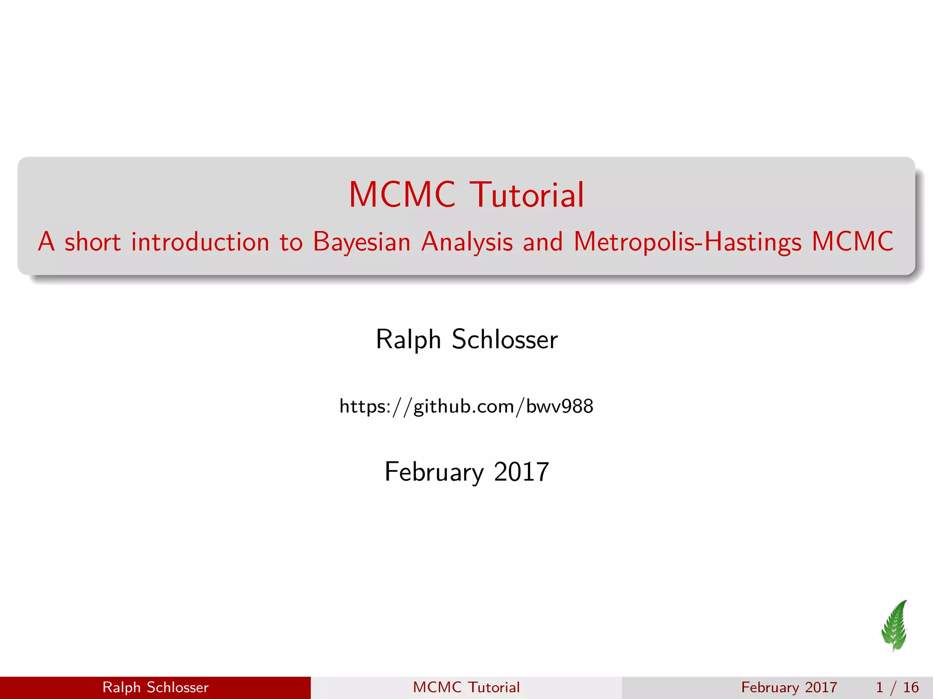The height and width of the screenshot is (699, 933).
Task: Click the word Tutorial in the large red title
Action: [527, 195]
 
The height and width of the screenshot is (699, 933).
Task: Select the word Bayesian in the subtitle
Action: [362, 242]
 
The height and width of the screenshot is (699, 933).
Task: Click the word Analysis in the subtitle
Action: [467, 242]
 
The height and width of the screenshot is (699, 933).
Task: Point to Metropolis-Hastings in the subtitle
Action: [687, 242]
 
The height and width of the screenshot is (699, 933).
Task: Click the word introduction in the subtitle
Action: [200, 242]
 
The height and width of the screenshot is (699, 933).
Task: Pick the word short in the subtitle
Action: [92, 242]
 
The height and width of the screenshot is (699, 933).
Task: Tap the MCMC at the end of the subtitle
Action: [853, 242]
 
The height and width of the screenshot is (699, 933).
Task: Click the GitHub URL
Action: [466, 406]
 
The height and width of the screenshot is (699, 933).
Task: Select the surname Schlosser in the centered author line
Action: [505, 339]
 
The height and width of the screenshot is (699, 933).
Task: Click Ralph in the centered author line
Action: [408, 339]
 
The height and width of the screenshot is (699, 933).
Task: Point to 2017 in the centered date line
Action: [522, 472]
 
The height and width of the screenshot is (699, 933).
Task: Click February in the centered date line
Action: [434, 472]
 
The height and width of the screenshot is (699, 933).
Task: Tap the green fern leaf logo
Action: [895, 626]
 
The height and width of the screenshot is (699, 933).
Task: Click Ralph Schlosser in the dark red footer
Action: [155, 687]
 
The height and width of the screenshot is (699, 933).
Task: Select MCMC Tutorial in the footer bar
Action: [466, 687]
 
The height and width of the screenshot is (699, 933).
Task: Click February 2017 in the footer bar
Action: [789, 687]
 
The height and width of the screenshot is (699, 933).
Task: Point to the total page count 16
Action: [911, 687]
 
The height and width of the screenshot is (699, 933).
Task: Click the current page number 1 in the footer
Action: [880, 687]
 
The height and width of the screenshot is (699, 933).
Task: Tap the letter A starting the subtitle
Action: [46, 242]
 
